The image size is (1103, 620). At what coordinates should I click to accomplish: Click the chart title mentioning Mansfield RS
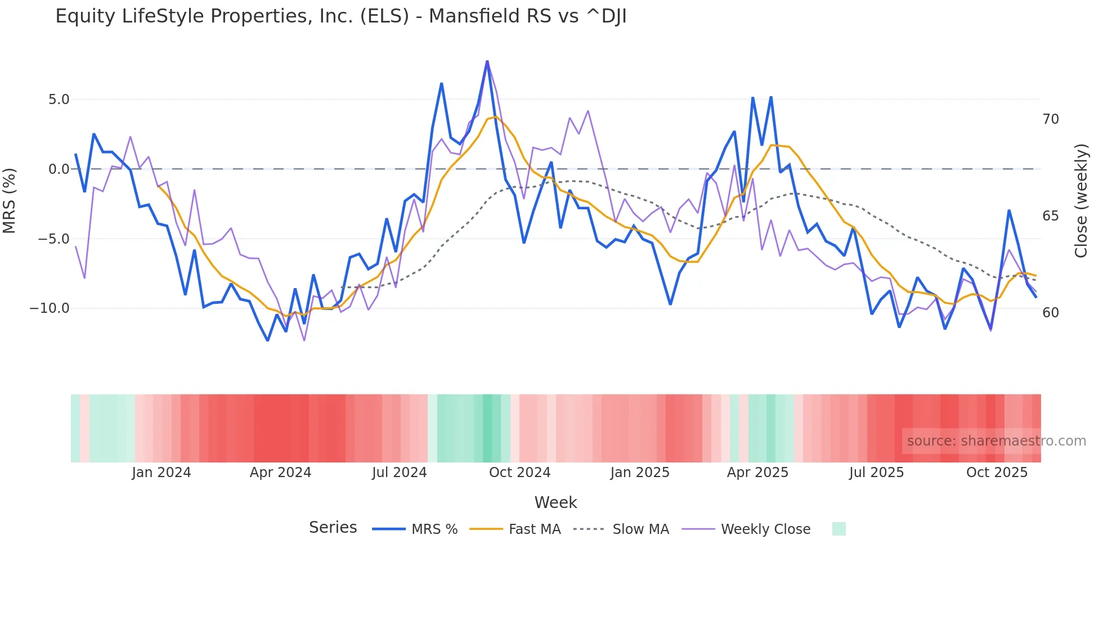pos(340,16)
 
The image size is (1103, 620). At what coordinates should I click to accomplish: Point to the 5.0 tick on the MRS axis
pos(59,100)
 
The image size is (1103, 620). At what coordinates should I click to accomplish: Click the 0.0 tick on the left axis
pos(59,169)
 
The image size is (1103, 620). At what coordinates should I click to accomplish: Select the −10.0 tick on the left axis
pos(50,308)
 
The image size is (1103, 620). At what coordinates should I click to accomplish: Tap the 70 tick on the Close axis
pos(1050,119)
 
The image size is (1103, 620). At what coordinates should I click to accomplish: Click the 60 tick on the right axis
pos(1050,313)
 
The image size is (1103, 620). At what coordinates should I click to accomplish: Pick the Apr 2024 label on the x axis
pos(280,473)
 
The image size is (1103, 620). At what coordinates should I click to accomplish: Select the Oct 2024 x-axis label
pos(519,473)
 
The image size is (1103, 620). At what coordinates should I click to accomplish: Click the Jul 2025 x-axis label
pos(876,473)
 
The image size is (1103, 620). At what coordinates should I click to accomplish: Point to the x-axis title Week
pos(555,502)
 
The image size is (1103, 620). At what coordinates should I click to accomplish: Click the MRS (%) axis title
pos(10,200)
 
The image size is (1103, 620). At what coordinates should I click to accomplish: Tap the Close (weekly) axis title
pos(1080,201)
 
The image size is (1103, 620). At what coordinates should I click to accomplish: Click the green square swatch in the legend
pos(839,529)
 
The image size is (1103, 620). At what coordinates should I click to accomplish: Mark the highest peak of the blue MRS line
pos(487,61)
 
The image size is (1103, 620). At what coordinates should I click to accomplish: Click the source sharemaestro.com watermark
pos(996,441)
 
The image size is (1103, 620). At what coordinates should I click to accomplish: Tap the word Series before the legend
pos(333,528)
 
